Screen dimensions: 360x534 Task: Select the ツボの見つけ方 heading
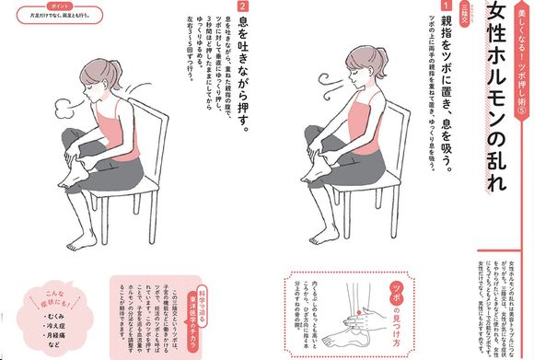pos(395,309)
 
